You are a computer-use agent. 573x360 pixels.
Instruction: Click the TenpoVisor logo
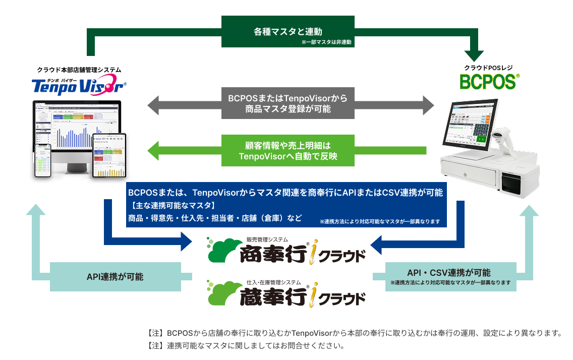79,86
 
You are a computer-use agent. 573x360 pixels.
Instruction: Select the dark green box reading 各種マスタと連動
288,32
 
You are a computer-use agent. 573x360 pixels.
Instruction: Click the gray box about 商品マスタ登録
288,102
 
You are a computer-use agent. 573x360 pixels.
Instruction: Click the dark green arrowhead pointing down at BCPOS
474,55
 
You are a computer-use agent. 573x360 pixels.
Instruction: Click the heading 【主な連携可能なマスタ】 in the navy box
172,206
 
